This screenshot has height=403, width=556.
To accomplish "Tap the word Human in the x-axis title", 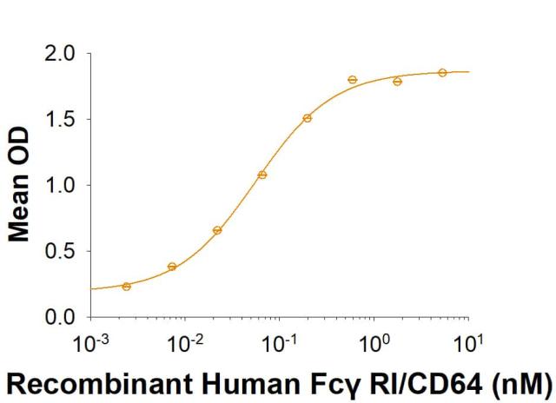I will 211,383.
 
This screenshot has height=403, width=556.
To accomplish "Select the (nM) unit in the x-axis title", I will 524,383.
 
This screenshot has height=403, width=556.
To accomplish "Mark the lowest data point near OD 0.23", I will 127,286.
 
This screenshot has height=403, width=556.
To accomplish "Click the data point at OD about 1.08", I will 262,175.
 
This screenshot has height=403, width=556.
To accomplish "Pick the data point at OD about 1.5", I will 308,117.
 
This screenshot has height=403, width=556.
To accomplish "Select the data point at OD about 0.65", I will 217,230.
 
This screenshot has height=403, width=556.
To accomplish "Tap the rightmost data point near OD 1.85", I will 442,72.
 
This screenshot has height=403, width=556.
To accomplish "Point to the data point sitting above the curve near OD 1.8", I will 353,79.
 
